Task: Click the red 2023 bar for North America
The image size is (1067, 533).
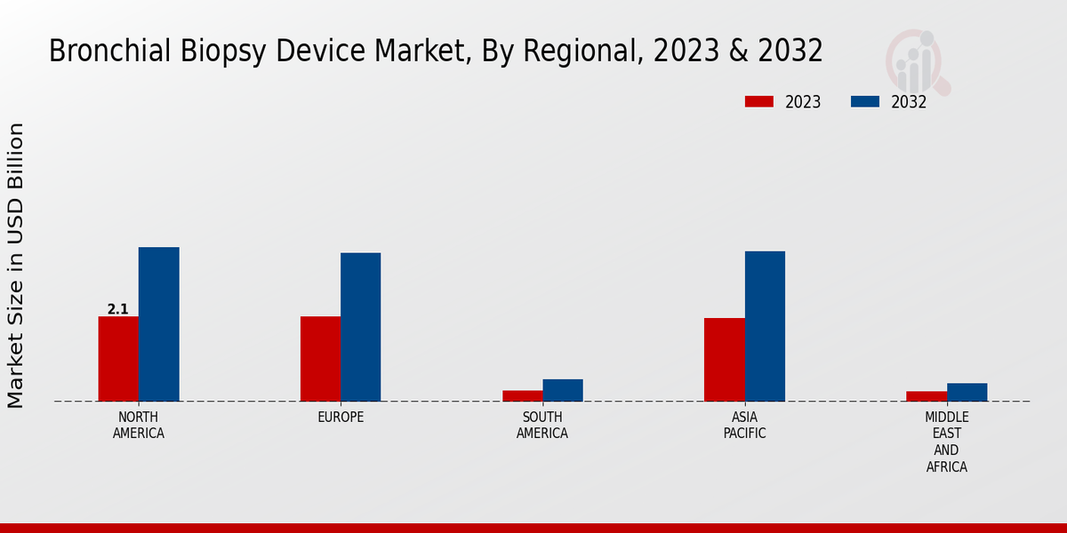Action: pos(118,359)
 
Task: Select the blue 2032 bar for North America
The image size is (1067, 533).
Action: pos(159,324)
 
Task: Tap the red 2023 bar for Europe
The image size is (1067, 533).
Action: pos(320,359)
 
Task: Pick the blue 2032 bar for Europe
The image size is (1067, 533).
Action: pos(361,327)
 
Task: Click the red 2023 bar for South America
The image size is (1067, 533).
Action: pos(522,396)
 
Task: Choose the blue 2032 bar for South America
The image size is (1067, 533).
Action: pos(563,390)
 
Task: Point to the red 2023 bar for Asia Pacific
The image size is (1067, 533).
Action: pos(725,360)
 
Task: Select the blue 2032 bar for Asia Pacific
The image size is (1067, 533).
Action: pos(765,326)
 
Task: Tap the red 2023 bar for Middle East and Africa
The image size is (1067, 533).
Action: pos(927,396)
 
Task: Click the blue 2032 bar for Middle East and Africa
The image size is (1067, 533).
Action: pos(967,392)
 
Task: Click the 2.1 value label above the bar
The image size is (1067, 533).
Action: pos(118,309)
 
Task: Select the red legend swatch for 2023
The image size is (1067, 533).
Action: pos(759,101)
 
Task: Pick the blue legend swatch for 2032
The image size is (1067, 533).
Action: pos(865,101)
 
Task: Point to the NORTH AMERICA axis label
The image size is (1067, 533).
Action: pos(139,426)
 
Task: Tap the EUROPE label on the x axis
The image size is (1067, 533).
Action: pos(341,418)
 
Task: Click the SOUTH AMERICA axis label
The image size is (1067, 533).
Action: pos(542,426)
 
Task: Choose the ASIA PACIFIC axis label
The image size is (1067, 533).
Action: pos(744,426)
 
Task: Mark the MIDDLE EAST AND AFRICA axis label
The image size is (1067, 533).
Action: pos(947,442)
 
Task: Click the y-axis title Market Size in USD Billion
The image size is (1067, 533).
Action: pos(16,266)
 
